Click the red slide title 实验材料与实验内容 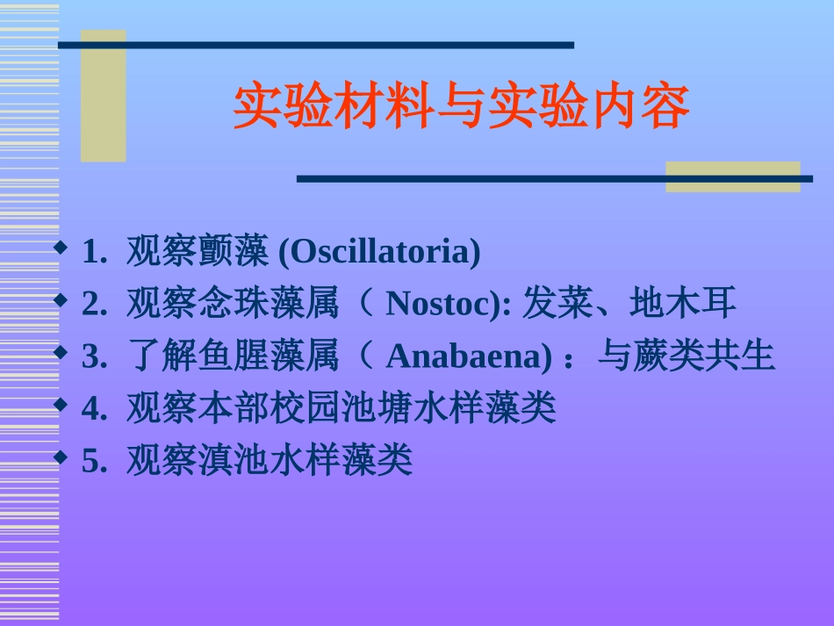tap(462, 107)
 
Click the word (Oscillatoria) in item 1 tap(379, 253)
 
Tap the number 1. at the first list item tap(94, 253)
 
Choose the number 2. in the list tap(94, 305)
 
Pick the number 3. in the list tap(94, 356)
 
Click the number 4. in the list tap(94, 408)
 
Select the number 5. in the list tap(94, 460)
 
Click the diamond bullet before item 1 tap(60, 248)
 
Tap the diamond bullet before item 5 tap(60, 457)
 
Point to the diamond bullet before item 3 tap(60, 352)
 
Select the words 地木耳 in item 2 tap(683, 305)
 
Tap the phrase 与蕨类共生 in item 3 tap(687, 356)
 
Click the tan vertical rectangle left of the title tap(103, 97)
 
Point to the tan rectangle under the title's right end tap(732, 176)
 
